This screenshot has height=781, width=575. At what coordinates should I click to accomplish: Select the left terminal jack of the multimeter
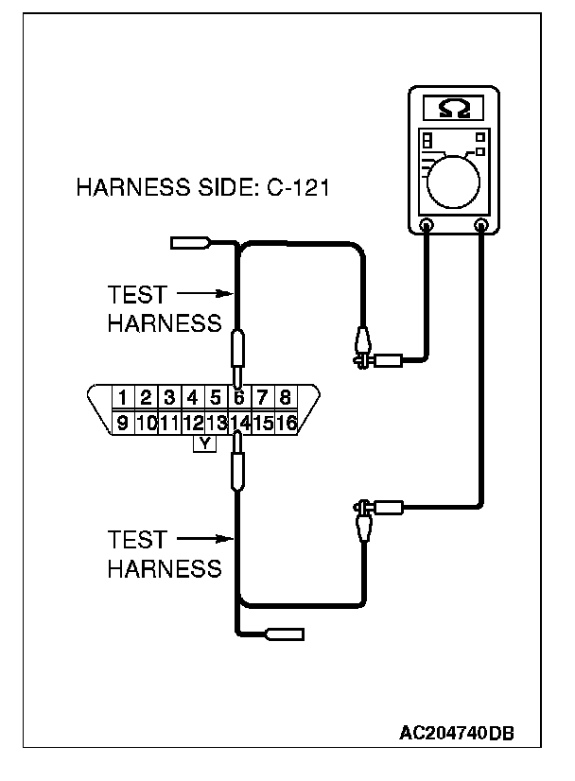427,226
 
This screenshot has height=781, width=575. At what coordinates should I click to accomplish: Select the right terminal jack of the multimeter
482,226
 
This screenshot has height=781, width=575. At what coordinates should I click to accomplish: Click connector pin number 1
123,397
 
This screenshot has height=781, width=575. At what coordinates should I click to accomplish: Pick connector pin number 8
285,397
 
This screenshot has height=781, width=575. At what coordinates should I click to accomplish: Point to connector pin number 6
238,397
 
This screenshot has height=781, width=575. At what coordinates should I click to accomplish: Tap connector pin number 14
238,422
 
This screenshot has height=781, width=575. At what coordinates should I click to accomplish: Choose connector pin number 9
123,422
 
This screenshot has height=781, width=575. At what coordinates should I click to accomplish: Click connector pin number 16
286,422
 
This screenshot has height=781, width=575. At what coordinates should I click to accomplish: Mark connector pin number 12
192,422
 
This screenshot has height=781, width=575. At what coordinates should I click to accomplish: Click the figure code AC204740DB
457,734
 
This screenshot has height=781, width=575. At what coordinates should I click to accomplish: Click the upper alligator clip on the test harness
363,348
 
